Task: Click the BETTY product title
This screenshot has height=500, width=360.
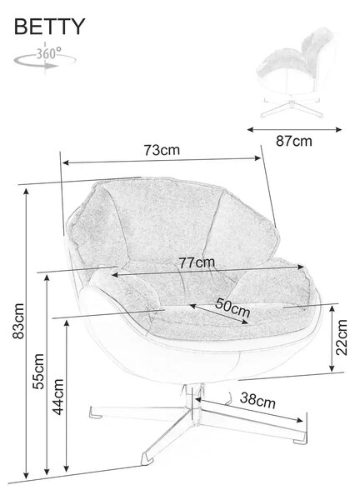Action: (49, 27)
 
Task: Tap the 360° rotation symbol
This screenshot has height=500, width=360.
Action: (45, 57)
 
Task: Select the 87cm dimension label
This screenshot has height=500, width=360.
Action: (294, 141)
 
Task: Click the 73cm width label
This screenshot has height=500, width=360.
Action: (162, 150)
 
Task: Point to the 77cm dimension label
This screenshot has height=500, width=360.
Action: (197, 262)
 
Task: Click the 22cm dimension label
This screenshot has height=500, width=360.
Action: (341, 337)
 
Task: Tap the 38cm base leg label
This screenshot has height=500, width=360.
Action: (257, 401)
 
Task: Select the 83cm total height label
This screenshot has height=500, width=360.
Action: (18, 321)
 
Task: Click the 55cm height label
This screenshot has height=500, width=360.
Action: (38, 371)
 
